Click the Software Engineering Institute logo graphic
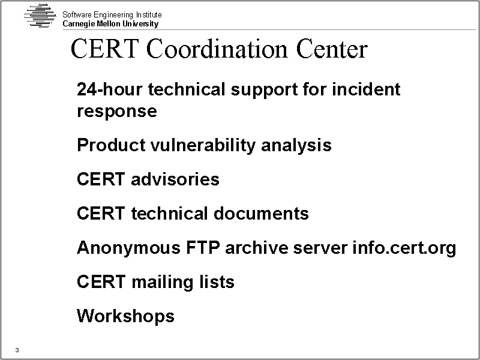pyautogui.click(x=40, y=16)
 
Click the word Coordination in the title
pyautogui.click(x=217, y=49)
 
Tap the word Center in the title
pyautogui.click(x=332, y=49)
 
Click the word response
pyautogui.click(x=117, y=111)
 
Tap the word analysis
pyautogui.click(x=296, y=145)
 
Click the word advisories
pyautogui.click(x=175, y=179)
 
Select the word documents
pyautogui.click(x=261, y=214)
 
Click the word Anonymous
pyautogui.click(x=128, y=248)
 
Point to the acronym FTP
pyautogui.click(x=203, y=247)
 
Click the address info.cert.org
pyautogui.click(x=404, y=248)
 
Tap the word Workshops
pyautogui.click(x=125, y=316)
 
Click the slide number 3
pyautogui.click(x=17, y=350)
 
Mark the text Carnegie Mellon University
pyautogui.click(x=110, y=24)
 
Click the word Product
pyautogui.click(x=111, y=145)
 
